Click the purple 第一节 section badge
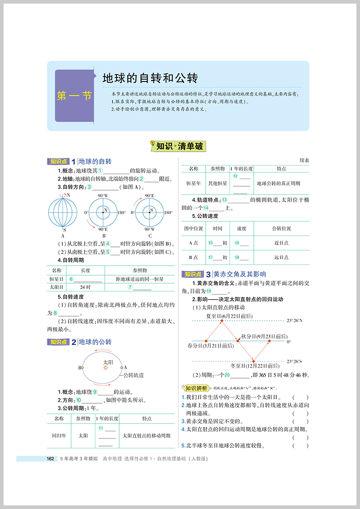click(x=74, y=96)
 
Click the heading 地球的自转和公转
click(x=150, y=78)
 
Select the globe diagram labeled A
click(x=63, y=212)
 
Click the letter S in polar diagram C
click(x=152, y=210)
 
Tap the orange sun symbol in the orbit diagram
click(x=106, y=367)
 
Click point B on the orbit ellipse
click(x=82, y=367)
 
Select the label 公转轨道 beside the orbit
click(x=134, y=375)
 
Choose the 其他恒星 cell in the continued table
click(x=217, y=183)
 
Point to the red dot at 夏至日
click(x=222, y=321)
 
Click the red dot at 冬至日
click(x=253, y=361)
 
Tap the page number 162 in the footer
click(x=51, y=459)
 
